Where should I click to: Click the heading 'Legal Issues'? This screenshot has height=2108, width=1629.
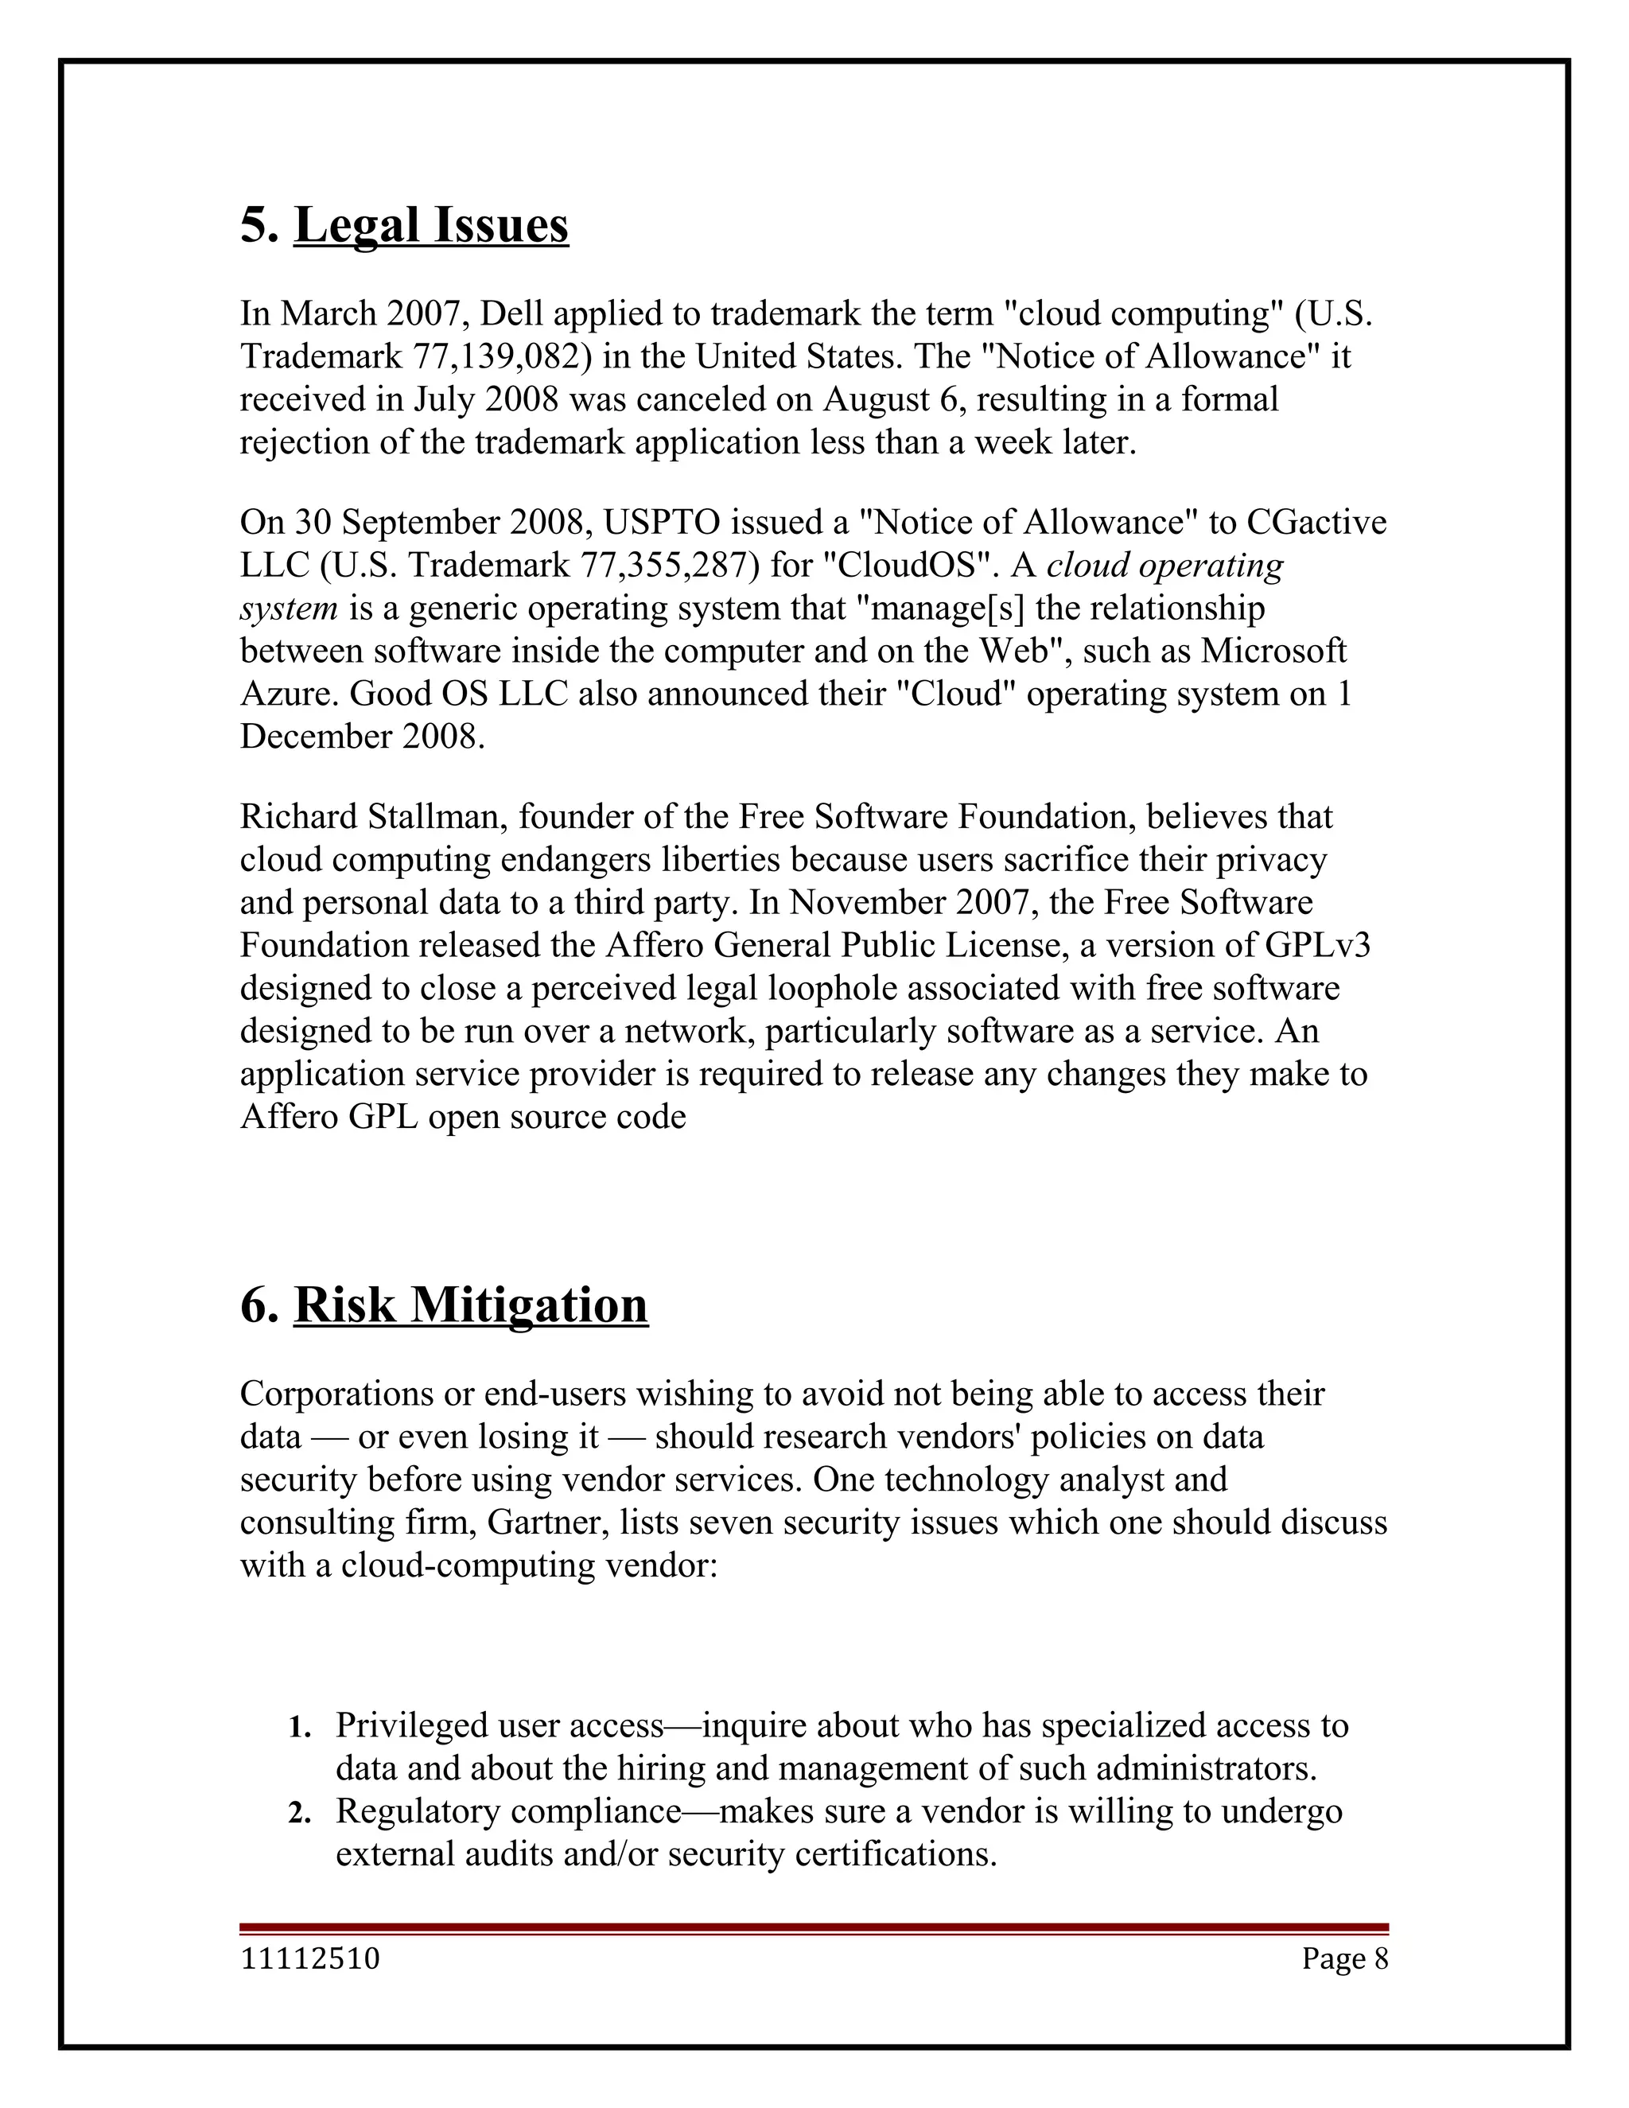pos(430,226)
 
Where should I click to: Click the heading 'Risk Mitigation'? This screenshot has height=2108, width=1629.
pos(470,1305)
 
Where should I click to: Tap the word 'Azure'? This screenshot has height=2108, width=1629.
pos(285,694)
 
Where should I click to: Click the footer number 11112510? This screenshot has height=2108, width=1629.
pos(309,1958)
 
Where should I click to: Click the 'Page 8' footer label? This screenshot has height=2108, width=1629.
pos(1344,1958)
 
